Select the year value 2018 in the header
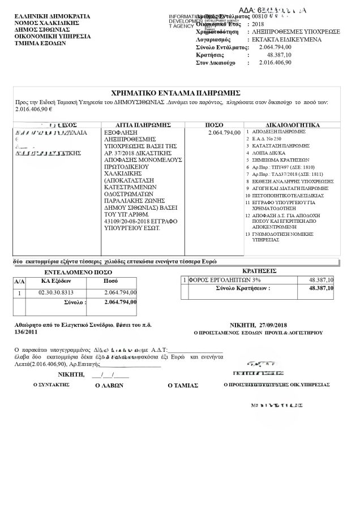coord(258,24)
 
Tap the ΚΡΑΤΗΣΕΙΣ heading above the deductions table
coord(258,271)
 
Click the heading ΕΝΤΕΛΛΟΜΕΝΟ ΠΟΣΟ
coord(75,272)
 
